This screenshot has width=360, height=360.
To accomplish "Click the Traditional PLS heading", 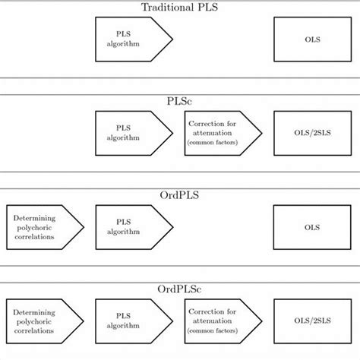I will pos(179,8).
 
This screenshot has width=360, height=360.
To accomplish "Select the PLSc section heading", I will pos(179,102).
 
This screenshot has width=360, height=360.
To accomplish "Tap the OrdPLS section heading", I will pos(179,195).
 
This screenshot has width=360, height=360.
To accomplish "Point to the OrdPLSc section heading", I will pos(179,289).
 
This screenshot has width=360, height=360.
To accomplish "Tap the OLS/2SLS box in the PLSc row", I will pos(311,133).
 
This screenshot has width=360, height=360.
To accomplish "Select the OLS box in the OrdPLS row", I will pos(311,226).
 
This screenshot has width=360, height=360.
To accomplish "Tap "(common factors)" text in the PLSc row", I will pos(215,143).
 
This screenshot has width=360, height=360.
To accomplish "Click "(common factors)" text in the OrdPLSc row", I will pos(215,330).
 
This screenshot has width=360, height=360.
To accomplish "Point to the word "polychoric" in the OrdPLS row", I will pos(36,226).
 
